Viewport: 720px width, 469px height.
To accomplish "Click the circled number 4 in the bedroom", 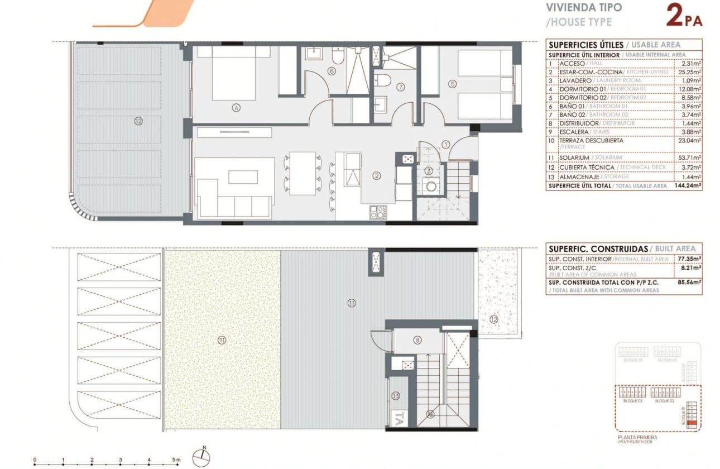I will (x=237, y=108).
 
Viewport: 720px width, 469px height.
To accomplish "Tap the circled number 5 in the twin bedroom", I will (x=452, y=84).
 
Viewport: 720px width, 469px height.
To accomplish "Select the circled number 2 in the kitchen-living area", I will (x=377, y=175).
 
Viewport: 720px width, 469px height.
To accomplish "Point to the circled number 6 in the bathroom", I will (x=332, y=71).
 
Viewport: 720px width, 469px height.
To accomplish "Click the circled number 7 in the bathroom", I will (x=400, y=87).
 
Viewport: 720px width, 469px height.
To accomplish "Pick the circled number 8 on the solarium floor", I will (x=417, y=340).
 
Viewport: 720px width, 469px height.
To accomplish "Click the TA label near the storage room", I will (x=399, y=416).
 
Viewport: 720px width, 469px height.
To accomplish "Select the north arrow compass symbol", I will (x=200, y=457).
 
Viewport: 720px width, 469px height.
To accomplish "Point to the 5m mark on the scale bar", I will (x=177, y=460).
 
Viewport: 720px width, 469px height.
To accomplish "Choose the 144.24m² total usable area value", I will (x=688, y=185).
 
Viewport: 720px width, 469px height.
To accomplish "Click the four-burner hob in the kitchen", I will (x=378, y=212).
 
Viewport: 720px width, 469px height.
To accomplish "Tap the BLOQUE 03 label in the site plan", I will (x=632, y=401).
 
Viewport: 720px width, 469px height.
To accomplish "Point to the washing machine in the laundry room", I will (x=430, y=185).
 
